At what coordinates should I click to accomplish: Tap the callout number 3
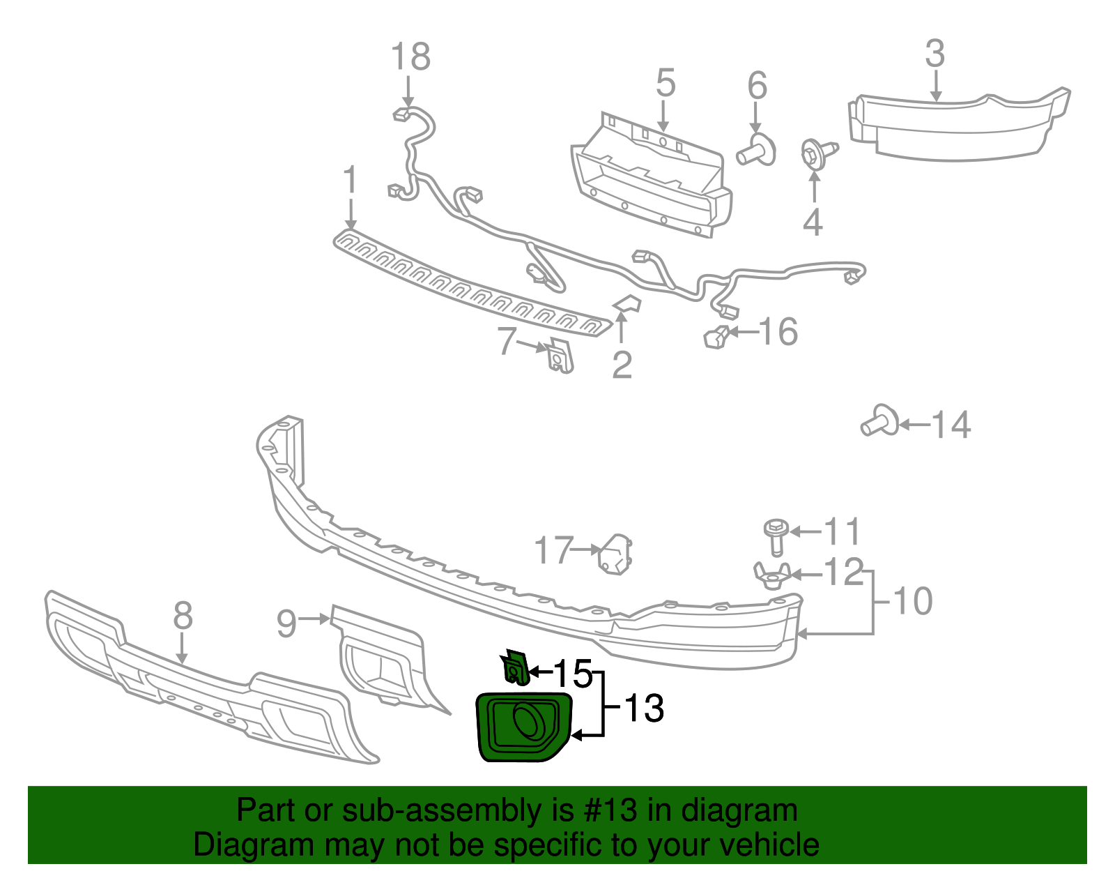(x=935, y=54)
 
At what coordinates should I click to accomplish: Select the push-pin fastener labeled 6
(x=756, y=150)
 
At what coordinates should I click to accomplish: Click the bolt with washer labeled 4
(x=818, y=153)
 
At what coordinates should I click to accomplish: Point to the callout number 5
(x=666, y=82)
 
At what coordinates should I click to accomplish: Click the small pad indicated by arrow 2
(x=627, y=303)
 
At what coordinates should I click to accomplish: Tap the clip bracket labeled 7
(x=560, y=355)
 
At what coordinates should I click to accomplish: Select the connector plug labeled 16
(x=716, y=338)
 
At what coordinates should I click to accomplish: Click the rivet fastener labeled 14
(x=879, y=422)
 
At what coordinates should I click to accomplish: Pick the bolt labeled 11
(x=776, y=537)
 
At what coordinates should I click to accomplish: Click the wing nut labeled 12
(x=772, y=575)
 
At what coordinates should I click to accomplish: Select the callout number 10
(x=913, y=601)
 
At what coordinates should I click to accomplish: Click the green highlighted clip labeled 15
(x=515, y=667)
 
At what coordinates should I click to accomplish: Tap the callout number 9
(x=287, y=624)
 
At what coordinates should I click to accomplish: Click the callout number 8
(x=183, y=615)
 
